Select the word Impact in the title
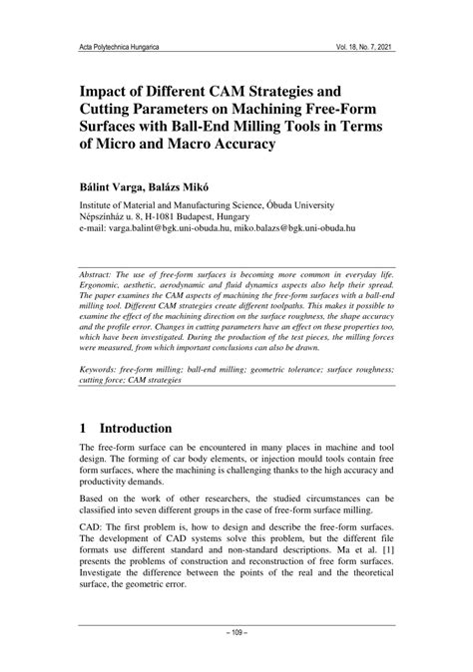point(107,87)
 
